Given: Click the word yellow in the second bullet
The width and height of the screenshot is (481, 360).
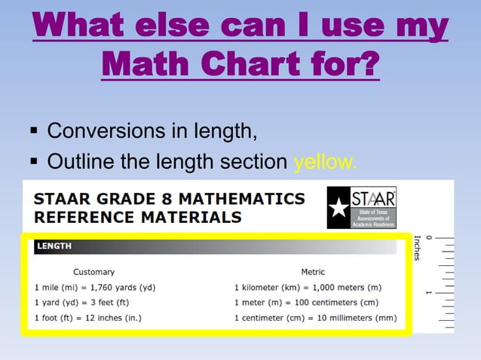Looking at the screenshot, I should [x=325, y=162].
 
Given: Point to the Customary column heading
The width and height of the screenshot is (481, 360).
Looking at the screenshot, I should [x=93, y=272].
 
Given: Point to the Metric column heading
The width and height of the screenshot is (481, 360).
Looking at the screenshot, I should [x=313, y=272].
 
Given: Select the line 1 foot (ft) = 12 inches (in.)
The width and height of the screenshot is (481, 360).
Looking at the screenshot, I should [x=88, y=318].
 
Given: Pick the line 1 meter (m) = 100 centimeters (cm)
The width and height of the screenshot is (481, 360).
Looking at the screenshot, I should [x=306, y=303].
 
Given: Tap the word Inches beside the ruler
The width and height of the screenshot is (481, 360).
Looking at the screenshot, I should [x=418, y=249].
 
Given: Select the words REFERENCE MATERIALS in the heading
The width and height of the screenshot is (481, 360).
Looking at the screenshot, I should [x=138, y=218].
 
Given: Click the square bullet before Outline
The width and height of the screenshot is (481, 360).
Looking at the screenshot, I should [x=34, y=162].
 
